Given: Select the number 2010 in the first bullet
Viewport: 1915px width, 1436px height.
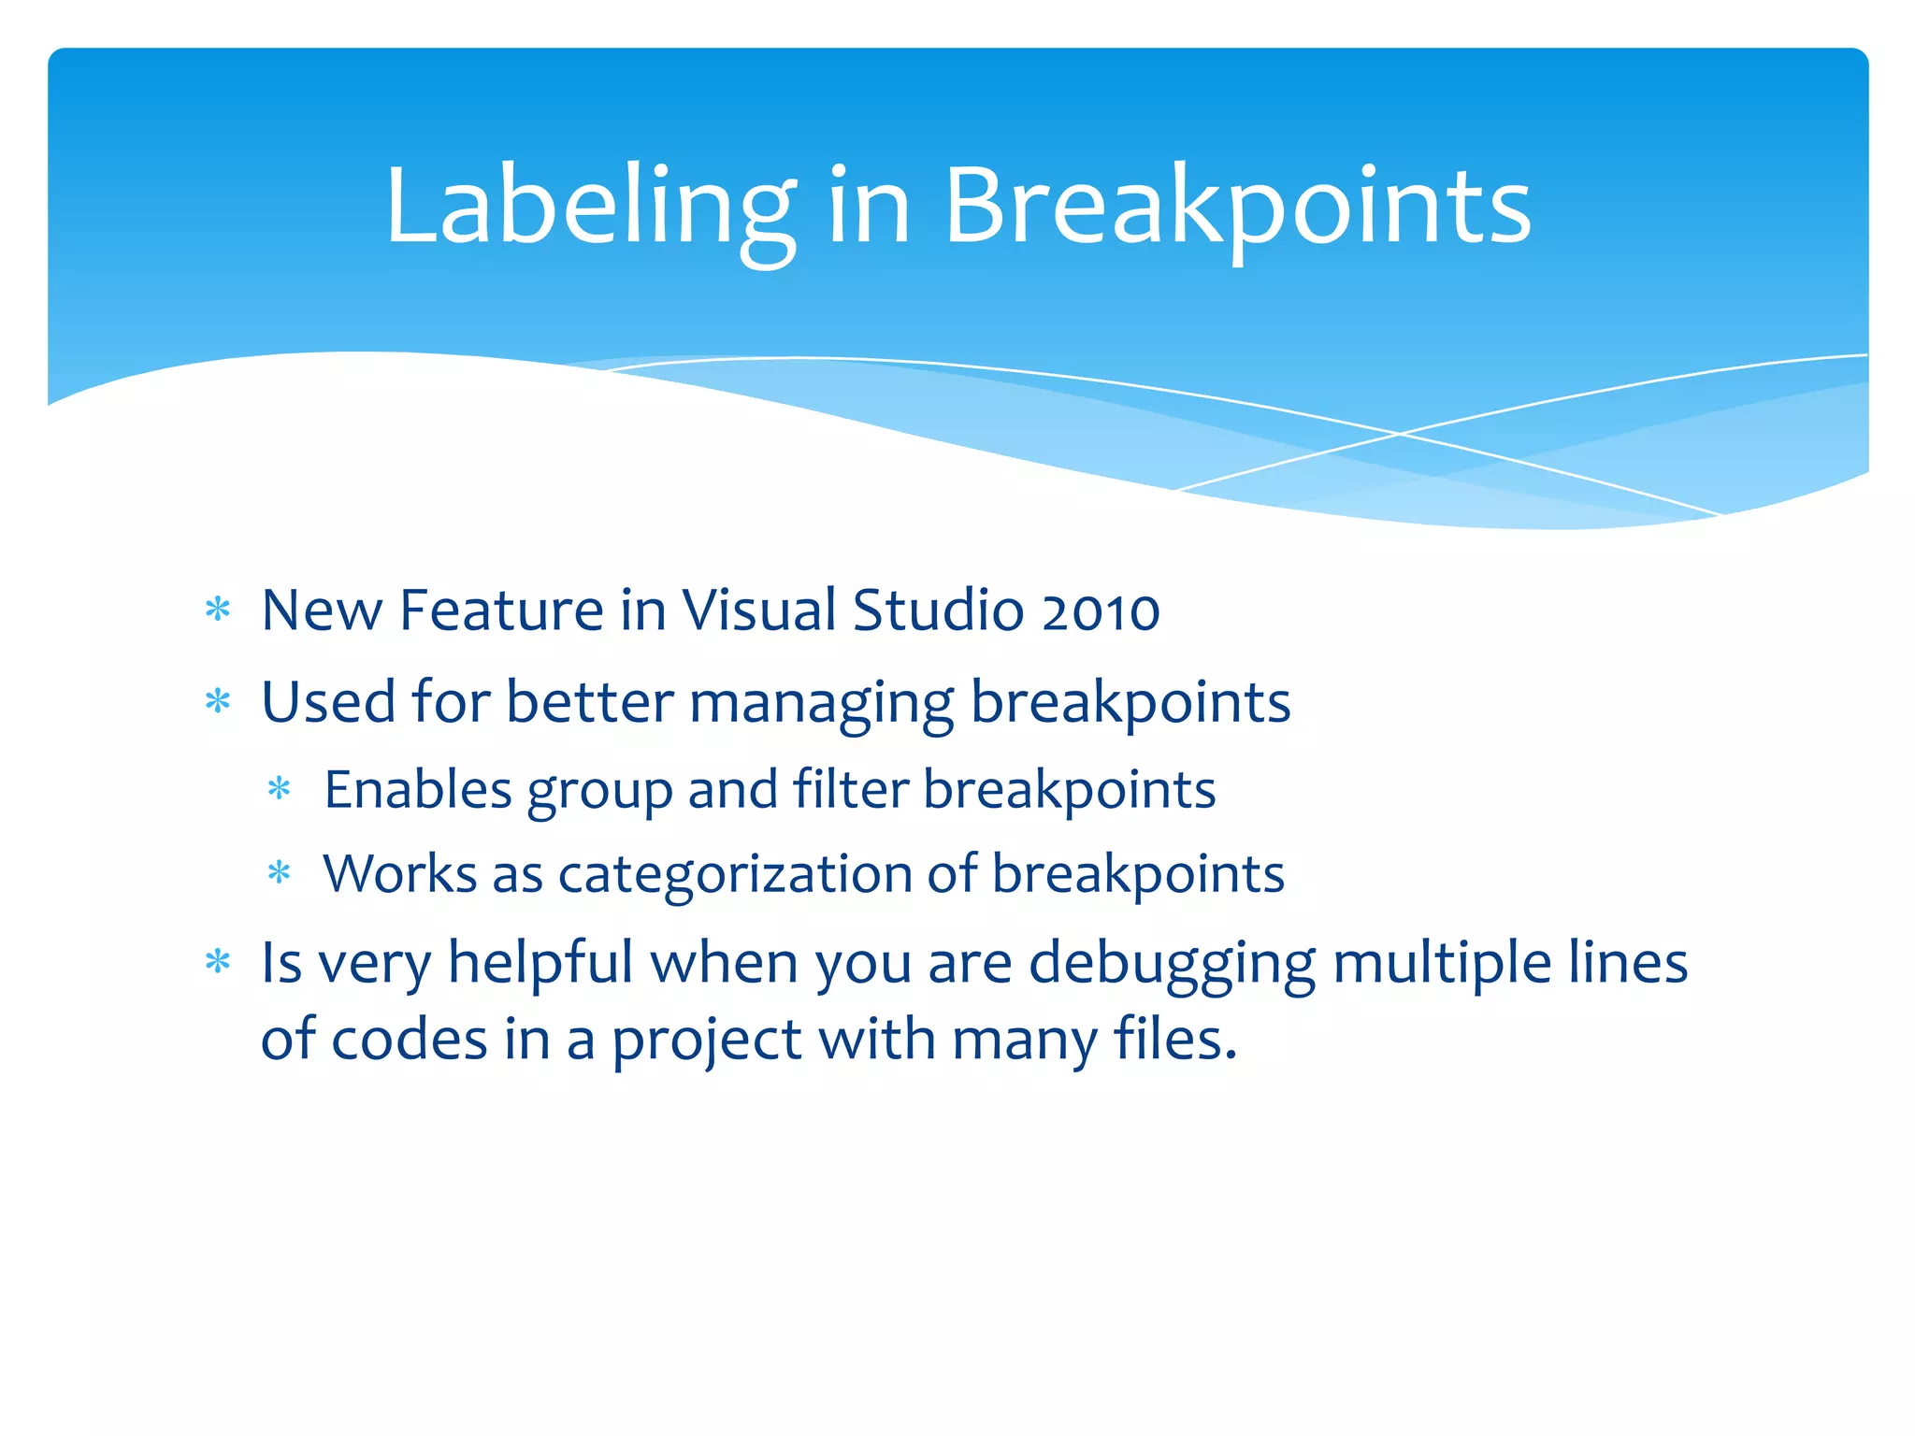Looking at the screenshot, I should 1101,611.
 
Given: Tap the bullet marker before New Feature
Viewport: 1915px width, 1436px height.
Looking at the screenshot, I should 218,610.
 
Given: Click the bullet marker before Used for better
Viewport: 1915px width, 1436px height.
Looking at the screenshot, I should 218,701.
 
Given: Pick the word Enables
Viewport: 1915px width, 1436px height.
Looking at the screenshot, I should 418,790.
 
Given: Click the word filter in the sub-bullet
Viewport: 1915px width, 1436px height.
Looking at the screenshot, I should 851,790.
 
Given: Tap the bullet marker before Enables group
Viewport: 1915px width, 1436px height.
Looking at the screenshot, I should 280,789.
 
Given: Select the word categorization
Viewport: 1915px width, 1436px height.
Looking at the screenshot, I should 735,875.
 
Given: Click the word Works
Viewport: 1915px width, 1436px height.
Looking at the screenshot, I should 400,875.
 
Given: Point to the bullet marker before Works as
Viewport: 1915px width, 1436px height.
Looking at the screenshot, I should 280,874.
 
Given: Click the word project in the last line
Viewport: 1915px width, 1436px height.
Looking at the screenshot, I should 707,1041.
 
